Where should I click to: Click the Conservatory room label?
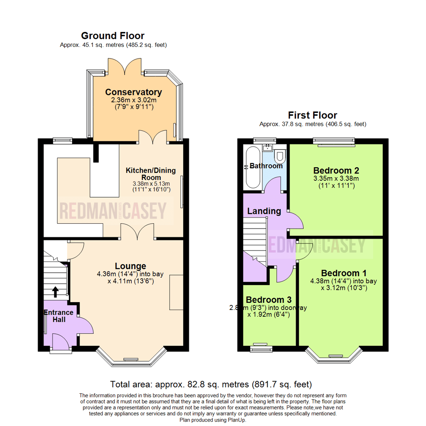pos(133,92)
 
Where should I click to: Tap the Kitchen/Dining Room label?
pos(151,174)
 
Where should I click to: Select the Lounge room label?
pos(131,266)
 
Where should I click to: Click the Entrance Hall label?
pos(58,316)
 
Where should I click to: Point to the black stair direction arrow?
pos(55,291)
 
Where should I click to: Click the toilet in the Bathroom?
pos(280,157)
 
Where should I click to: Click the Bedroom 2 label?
pos(336,171)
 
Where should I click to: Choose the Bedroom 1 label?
pos(344,273)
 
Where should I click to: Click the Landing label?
pos(264,211)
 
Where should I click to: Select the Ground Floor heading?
pos(113,36)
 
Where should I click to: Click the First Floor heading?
pos(312,115)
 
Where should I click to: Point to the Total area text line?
pos(211,384)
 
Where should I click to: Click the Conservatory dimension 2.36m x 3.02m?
pos(133,100)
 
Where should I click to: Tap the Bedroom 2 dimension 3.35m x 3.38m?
pos(336,179)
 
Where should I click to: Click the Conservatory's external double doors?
pos(126,66)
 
